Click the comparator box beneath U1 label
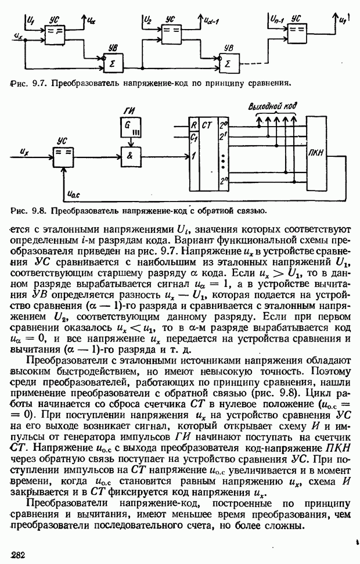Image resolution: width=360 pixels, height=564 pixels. click(56, 34)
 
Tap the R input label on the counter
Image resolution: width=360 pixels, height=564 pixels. click(194, 124)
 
